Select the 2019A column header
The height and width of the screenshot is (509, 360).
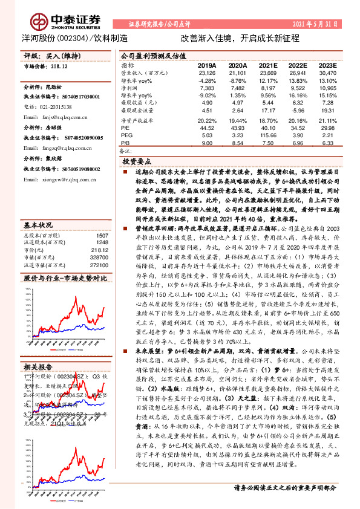[x=207, y=65]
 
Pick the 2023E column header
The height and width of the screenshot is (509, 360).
[x=327, y=65]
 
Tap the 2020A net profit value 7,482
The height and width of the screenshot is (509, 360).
[x=237, y=88]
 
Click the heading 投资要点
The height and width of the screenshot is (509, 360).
[x=137, y=162]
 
